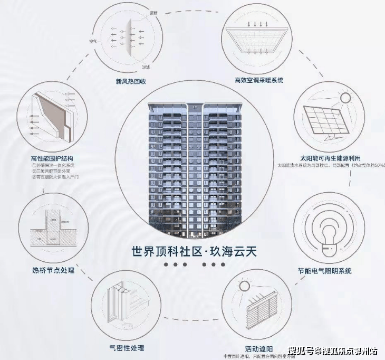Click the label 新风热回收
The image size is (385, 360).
tap(130, 81)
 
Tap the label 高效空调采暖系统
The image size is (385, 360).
tap(259, 80)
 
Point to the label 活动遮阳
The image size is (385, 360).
tap(259, 349)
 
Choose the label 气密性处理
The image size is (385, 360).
tap(126, 348)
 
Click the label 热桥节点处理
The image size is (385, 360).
tap(53, 270)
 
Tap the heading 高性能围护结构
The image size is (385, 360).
tap(52, 158)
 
